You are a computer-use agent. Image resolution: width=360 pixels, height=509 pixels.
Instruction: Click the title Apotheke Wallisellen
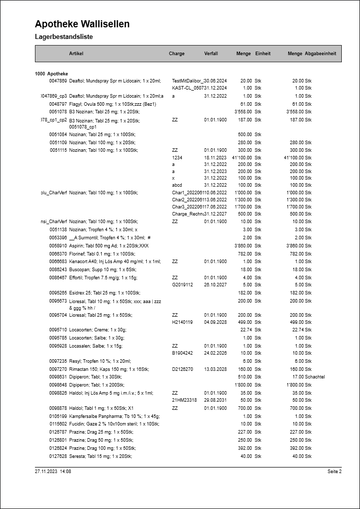[82, 24]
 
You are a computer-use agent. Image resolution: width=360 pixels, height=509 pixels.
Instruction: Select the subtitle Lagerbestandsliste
[64, 37]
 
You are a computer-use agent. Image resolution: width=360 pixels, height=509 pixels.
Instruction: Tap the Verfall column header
[211, 54]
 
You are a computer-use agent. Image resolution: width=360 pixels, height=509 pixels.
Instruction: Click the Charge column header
[177, 54]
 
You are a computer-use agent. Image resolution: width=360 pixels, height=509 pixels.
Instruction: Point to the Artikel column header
[76, 54]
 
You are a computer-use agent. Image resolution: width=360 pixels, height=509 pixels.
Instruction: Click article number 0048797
[58, 104]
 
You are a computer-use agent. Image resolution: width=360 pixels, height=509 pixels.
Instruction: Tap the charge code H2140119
[182, 322]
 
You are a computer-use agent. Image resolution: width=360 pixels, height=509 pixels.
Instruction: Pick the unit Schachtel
[314, 377]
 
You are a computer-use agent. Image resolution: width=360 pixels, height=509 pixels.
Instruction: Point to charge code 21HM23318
[184, 400]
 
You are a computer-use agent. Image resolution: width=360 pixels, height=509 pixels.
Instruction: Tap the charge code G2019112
[182, 284]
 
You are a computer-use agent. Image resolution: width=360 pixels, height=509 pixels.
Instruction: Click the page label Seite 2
[334, 472]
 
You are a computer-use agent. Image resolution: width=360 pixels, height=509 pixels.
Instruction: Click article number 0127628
[58, 456]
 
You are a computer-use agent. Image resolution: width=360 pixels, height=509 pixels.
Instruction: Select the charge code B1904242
[182, 353]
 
